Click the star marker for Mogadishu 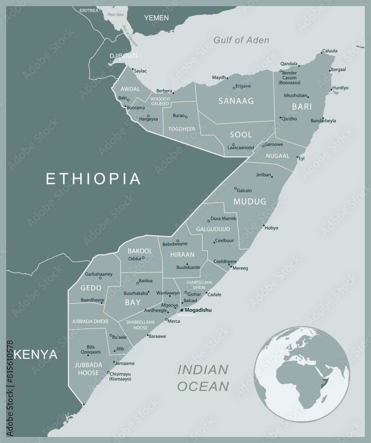(x=182, y=310)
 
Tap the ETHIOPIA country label (x=93, y=179)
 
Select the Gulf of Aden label (x=241, y=40)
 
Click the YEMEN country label (x=156, y=18)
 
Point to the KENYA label (x=35, y=354)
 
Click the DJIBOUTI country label (x=124, y=56)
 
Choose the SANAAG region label (x=236, y=101)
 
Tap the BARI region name (x=302, y=107)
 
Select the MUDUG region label (x=250, y=202)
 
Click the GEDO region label (x=91, y=288)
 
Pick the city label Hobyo (x=271, y=228)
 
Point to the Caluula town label (x=329, y=51)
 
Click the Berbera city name (x=164, y=91)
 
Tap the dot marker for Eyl (x=297, y=157)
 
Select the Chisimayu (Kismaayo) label (x=120, y=376)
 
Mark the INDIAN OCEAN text (x=203, y=378)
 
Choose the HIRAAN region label (x=182, y=255)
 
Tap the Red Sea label (x=116, y=15)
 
